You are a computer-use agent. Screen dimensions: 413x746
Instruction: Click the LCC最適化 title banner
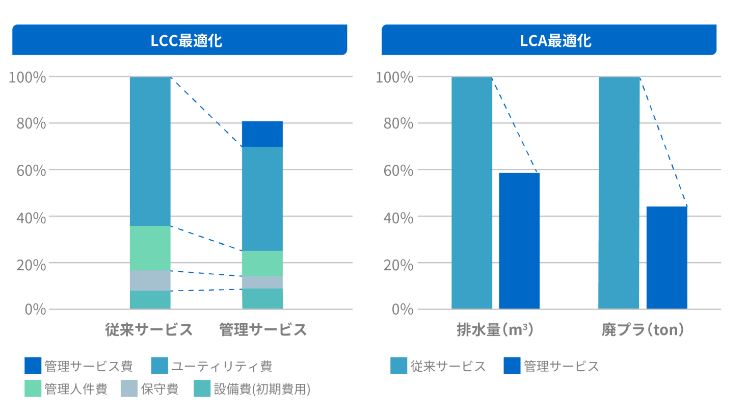179,40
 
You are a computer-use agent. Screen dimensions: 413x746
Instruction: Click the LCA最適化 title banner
549,40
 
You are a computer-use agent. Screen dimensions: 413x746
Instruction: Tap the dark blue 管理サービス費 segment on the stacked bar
262,134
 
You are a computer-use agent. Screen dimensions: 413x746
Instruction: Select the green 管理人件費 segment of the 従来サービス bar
150,248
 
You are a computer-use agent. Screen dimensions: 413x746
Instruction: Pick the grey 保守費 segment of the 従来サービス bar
150,280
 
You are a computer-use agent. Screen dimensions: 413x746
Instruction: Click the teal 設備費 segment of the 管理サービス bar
262,299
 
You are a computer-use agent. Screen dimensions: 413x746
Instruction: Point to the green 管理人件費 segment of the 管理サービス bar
262,263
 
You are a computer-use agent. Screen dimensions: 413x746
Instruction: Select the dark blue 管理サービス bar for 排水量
519,241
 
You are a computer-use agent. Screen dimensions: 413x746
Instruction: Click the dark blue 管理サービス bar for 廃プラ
667,257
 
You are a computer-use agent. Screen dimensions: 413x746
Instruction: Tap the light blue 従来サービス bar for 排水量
472,193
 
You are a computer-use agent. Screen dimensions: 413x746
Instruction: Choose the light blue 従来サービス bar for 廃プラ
619,193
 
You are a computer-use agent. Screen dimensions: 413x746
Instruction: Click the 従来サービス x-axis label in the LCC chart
149,330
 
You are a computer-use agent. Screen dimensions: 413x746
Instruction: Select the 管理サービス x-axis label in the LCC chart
263,330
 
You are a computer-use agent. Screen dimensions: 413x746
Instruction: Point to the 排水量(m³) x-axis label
495,330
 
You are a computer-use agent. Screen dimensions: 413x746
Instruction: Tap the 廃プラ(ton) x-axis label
642,330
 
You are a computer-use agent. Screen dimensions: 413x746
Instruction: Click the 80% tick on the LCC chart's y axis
31,123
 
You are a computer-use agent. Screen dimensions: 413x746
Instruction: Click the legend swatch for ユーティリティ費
159,366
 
